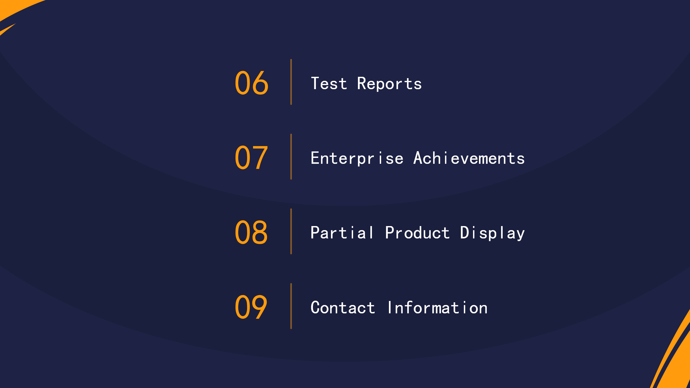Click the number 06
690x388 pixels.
click(x=251, y=83)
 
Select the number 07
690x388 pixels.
click(x=251, y=157)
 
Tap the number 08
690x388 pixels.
click(x=251, y=232)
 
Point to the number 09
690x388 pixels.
click(x=251, y=307)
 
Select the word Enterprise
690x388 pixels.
click(x=357, y=158)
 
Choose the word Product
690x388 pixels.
click(x=418, y=233)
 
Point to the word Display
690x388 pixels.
click(x=492, y=233)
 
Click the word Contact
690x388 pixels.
click(x=343, y=307)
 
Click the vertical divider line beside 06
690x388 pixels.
click(x=291, y=82)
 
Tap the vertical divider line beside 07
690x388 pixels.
click(x=291, y=157)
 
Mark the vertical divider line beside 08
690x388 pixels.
click(x=291, y=231)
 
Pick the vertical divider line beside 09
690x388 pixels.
click(x=291, y=306)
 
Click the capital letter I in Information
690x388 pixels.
click(x=389, y=307)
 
